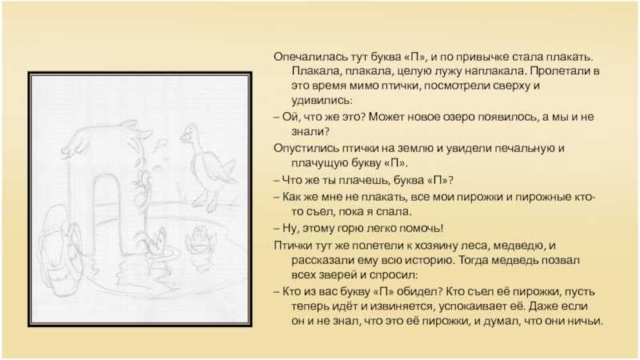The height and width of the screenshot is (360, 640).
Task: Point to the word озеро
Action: click(453, 117)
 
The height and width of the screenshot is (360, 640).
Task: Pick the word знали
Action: click(308, 132)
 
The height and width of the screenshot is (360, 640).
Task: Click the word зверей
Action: click(336, 275)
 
